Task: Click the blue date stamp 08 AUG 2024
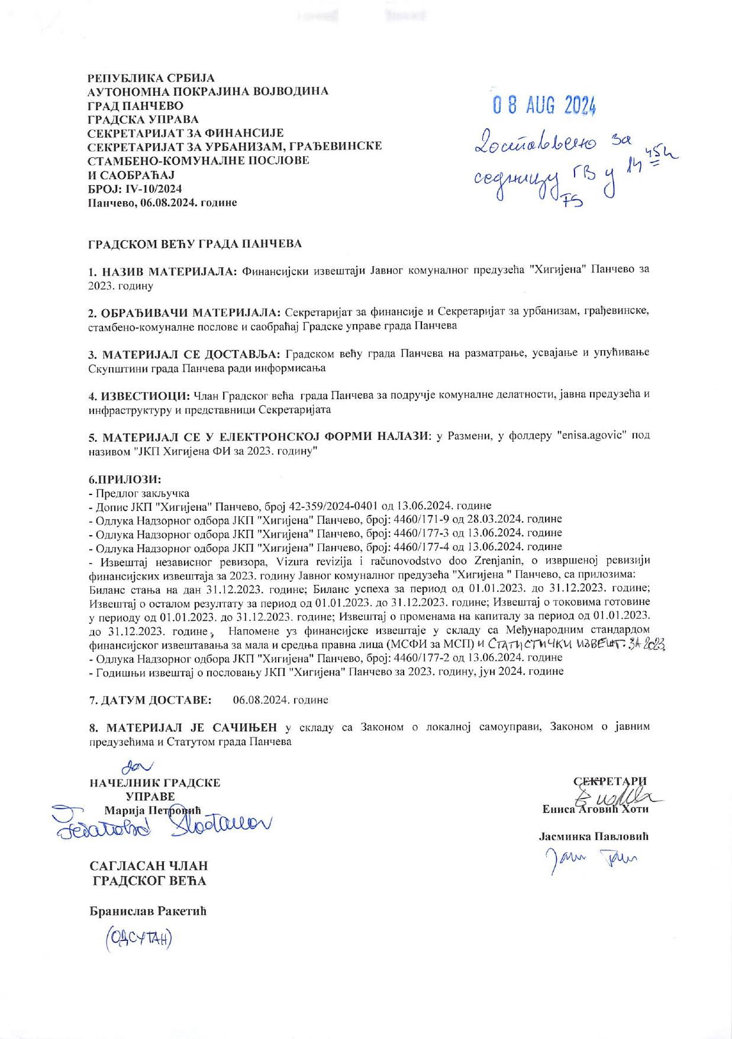pos(544,106)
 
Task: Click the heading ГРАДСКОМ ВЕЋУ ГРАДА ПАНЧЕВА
pos(195,244)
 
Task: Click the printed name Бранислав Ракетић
pos(147,911)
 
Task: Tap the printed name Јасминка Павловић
pos(594,837)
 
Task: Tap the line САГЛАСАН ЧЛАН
pos(149,866)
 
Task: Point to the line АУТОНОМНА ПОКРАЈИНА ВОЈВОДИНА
pos(208,92)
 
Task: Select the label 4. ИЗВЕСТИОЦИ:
pos(139,394)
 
